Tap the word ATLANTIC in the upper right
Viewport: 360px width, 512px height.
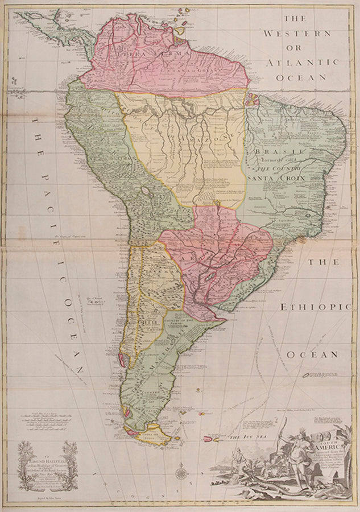point(301,63)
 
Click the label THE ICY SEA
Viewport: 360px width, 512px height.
point(248,437)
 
